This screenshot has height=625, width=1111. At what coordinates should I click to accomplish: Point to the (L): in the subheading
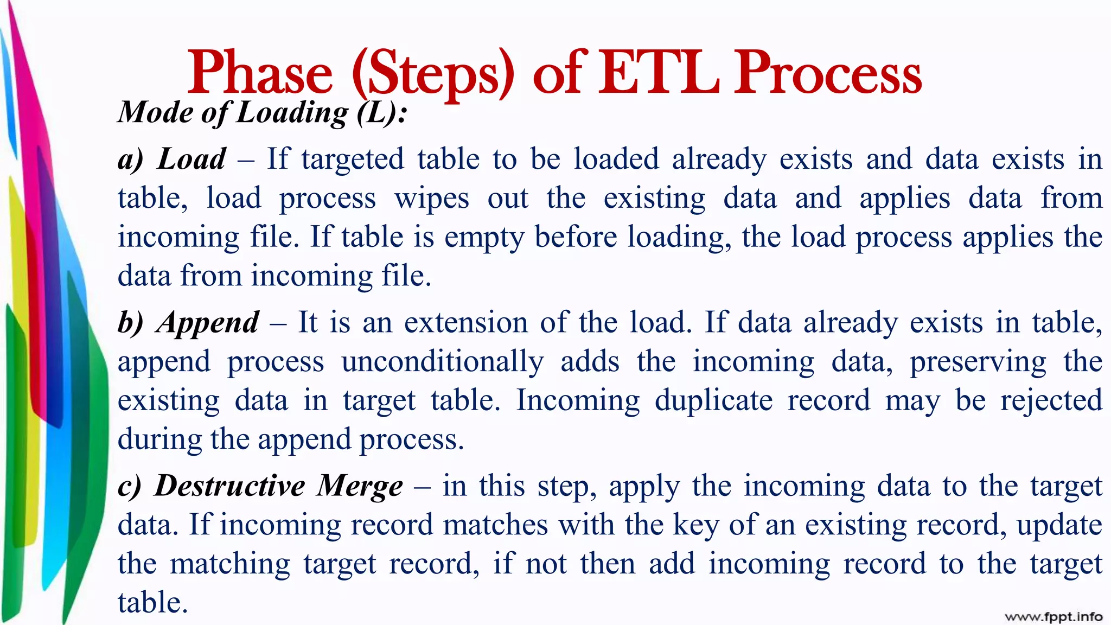point(382,113)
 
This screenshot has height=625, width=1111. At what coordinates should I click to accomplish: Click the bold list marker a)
point(131,160)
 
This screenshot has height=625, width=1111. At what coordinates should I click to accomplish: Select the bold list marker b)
point(131,323)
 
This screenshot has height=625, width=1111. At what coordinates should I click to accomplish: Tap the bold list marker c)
point(130,486)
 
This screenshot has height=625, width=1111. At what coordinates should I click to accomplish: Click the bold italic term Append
point(208,323)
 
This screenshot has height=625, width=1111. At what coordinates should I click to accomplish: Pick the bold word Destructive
point(229,486)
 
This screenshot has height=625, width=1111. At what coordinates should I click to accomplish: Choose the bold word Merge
point(360,486)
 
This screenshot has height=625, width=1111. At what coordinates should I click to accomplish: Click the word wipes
point(432,199)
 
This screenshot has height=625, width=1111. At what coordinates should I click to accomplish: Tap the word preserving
point(978,362)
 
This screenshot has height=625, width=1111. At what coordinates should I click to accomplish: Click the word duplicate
point(713,400)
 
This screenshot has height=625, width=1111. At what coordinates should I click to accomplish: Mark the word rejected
point(1051,401)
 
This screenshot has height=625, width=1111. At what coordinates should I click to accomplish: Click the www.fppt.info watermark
point(1053,616)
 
